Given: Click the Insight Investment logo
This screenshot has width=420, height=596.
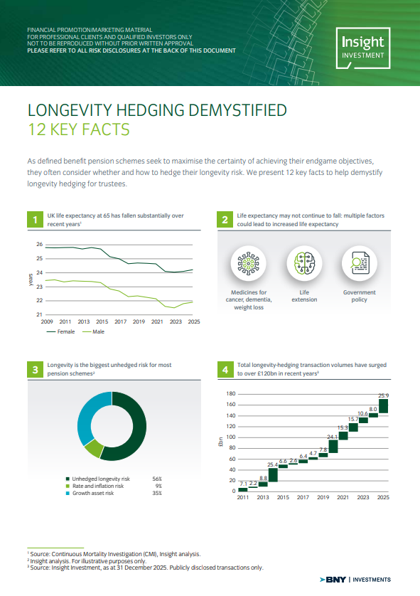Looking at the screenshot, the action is tap(363, 48).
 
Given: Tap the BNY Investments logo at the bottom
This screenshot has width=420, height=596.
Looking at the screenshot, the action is tap(355, 580).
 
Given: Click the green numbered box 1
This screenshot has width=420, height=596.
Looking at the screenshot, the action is tap(36, 220).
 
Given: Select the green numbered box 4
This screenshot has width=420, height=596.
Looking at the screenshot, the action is tap(225, 370).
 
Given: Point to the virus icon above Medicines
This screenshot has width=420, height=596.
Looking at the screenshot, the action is tap(248, 263).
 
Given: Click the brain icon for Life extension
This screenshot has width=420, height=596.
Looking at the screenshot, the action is tap(304, 263).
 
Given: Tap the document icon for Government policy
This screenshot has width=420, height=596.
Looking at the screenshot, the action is tap(360, 263).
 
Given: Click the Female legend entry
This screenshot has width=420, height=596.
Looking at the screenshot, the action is tap(60, 332).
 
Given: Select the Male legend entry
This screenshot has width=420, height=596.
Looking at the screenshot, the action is tap(93, 332).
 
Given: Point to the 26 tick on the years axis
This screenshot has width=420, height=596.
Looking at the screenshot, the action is tap(40, 245).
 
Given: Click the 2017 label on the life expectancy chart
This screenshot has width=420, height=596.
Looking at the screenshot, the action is tap(120, 321).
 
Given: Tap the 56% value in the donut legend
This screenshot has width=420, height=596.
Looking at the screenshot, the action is tap(157, 479).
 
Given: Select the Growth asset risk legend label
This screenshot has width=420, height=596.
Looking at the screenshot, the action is tap(93, 493).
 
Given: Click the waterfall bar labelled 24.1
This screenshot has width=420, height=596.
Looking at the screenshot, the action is tap(333, 446).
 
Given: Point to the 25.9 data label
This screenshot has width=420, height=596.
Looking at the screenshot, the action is tap(384, 395).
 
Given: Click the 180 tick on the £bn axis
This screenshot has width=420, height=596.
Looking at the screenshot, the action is tap(231, 394).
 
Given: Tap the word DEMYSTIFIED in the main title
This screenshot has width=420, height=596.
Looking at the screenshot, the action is tap(237, 110).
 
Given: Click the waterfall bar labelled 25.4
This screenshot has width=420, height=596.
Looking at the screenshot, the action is tap(273, 475).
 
